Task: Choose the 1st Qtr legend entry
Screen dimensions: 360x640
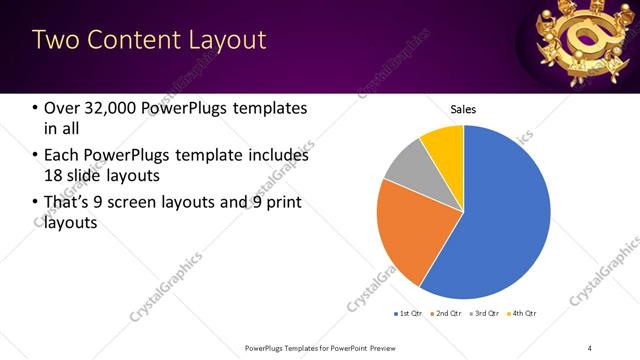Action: [408, 314]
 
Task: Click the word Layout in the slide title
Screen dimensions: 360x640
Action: [221, 40]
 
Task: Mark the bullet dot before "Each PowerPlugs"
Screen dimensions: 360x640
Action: [35, 155]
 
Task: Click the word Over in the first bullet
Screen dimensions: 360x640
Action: [62, 108]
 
